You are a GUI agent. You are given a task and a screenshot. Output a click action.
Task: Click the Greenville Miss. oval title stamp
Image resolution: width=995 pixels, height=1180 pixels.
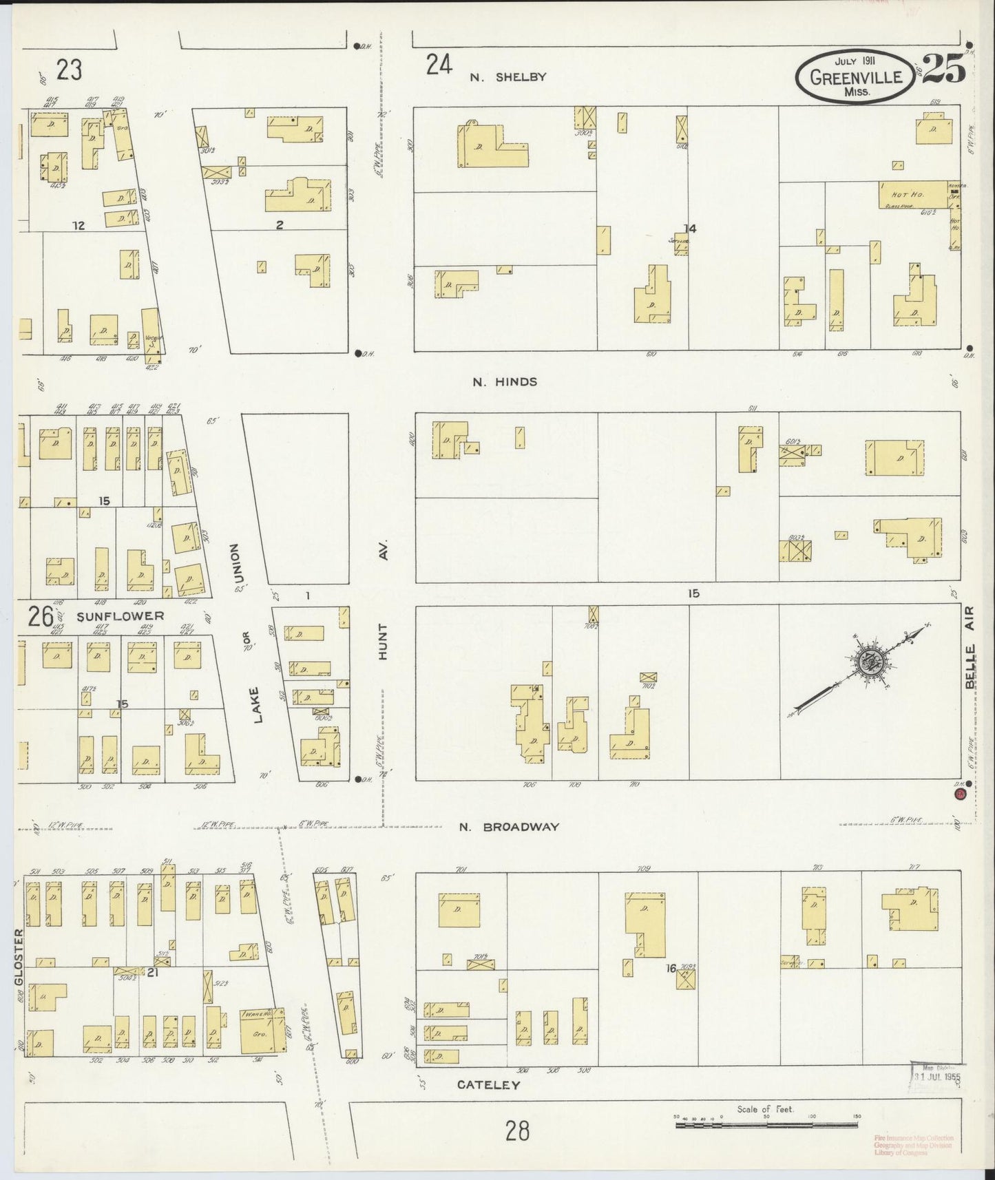click(856, 76)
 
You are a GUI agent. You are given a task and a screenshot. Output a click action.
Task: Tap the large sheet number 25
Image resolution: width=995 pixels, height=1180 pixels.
click(943, 68)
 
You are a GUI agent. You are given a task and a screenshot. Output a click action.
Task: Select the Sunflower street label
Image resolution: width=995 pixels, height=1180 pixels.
click(121, 615)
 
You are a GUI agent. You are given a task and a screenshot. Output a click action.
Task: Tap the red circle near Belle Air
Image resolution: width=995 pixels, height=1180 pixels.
click(961, 795)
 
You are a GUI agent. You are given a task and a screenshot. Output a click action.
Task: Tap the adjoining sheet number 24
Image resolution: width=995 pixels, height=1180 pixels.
click(439, 65)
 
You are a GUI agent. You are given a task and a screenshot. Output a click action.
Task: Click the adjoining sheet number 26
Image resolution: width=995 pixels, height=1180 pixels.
click(41, 616)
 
